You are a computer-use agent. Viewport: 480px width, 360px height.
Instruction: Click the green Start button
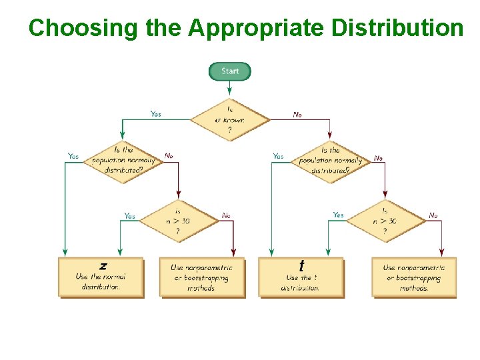coord(230,71)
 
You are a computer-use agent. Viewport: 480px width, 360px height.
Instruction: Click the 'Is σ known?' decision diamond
coord(230,120)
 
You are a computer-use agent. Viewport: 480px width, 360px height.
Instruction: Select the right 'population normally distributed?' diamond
coord(330,160)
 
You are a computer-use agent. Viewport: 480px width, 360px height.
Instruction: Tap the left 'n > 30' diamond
coord(178,221)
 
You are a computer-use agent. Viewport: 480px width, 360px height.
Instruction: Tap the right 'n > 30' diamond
coord(385,221)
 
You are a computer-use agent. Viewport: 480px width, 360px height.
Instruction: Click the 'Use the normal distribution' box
coord(101,277)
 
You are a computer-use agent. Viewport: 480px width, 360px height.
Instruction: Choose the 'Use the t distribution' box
coord(301,277)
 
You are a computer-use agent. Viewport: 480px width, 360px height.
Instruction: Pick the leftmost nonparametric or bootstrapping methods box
coord(202,277)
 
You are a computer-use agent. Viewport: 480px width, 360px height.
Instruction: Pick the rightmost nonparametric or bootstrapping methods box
coord(414,277)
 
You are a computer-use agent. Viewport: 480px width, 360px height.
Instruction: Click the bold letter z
coord(103,265)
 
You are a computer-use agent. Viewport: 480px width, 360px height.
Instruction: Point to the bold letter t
coord(301,265)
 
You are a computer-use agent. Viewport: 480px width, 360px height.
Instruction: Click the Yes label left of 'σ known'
coord(155,114)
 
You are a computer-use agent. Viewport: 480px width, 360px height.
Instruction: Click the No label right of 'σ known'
coord(297,115)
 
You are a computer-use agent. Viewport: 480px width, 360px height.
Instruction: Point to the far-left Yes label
coord(73,156)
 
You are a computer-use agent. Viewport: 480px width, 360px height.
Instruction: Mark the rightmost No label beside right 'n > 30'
coord(433,215)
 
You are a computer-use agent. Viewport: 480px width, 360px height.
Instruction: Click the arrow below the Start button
coord(230,89)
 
